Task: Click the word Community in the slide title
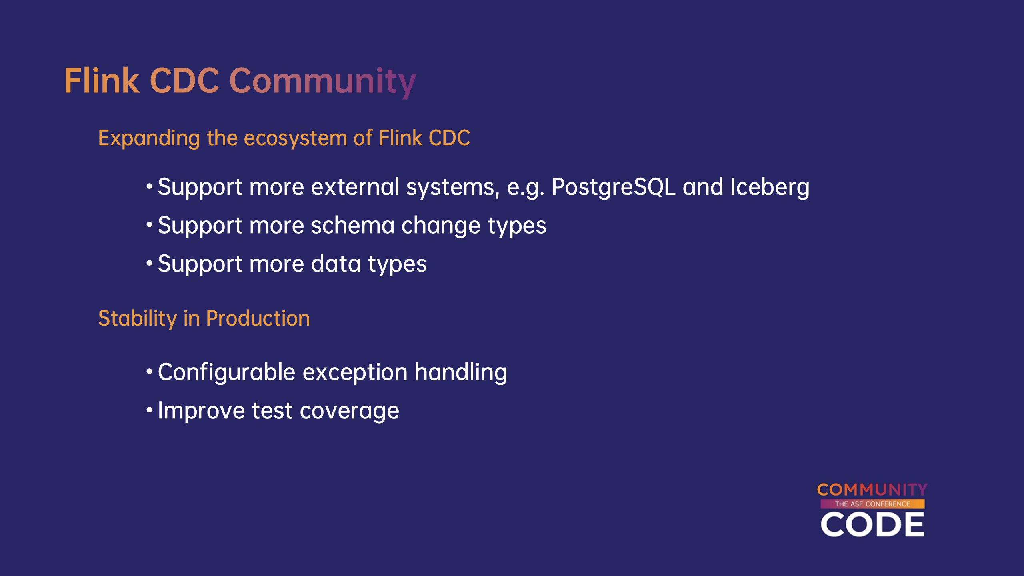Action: (323, 82)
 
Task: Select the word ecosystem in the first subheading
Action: (295, 138)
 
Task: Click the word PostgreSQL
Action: (614, 187)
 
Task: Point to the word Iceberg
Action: (770, 187)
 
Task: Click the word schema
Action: (353, 225)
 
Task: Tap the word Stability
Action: (138, 319)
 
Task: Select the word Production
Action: (258, 318)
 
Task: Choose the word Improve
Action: (201, 411)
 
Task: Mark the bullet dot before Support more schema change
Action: (149, 225)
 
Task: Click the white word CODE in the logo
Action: (872, 524)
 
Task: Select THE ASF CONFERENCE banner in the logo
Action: (872, 504)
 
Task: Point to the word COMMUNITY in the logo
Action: (872, 490)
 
